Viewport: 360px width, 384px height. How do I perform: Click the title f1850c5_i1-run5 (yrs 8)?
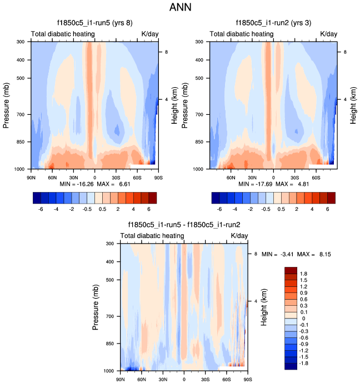(x=94, y=23)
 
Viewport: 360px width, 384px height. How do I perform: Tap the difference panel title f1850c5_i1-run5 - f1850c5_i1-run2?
(x=184, y=225)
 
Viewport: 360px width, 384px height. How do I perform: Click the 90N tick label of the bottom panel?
(x=121, y=379)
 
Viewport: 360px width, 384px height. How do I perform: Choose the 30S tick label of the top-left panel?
(x=116, y=177)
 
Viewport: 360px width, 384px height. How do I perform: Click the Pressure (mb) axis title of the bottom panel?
(x=96, y=306)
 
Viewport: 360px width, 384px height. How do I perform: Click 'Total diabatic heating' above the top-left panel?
(x=63, y=34)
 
